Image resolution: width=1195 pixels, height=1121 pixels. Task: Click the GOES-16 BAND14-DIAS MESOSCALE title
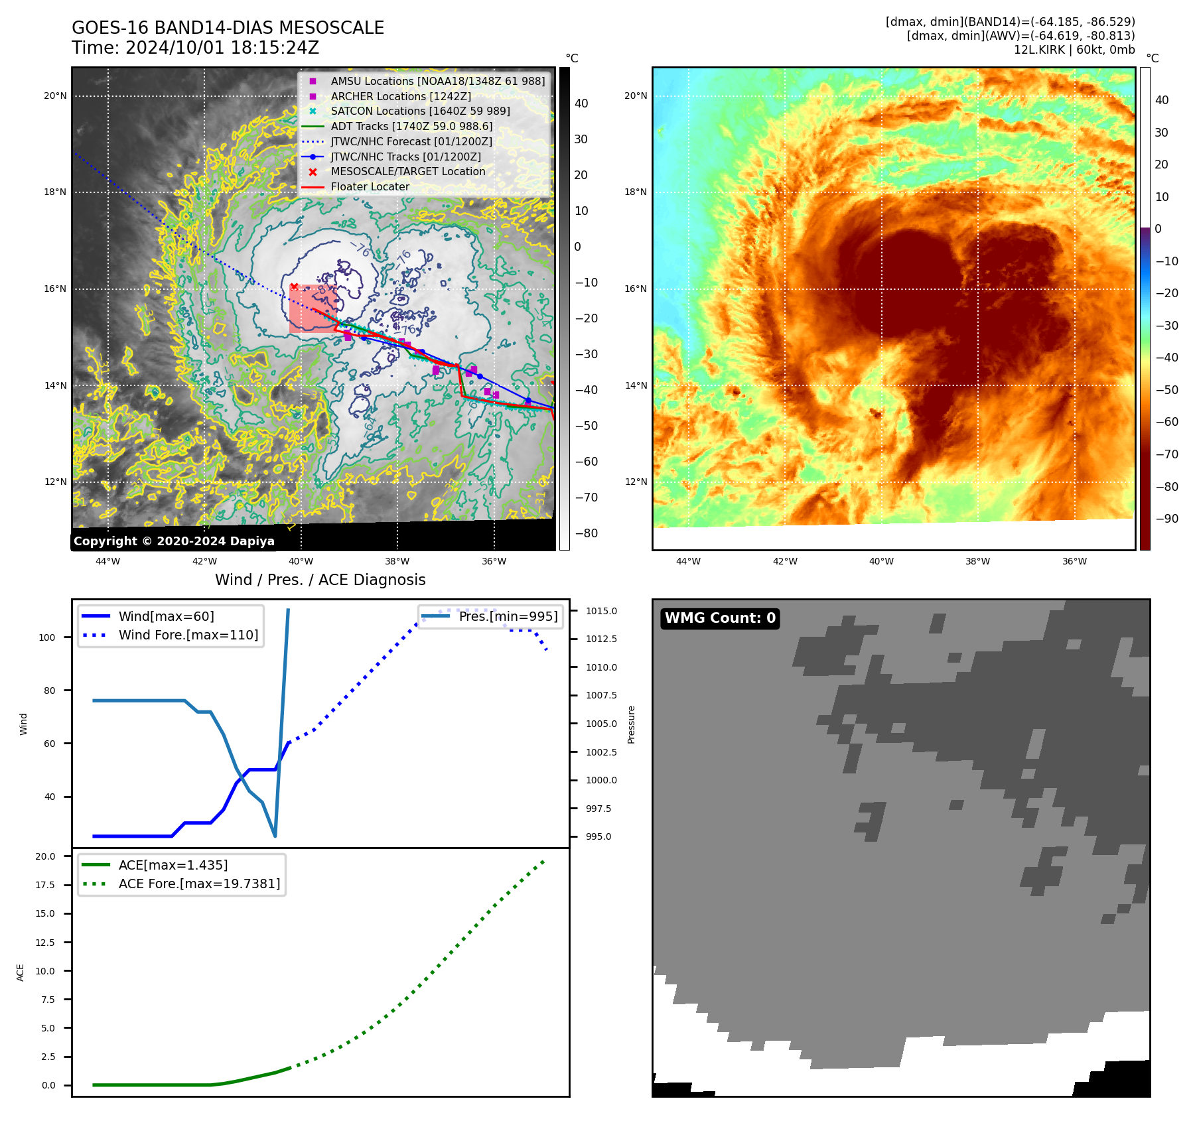228,28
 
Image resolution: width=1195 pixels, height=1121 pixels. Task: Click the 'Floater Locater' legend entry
370,187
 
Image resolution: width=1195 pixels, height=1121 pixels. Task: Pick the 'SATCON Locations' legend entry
420,111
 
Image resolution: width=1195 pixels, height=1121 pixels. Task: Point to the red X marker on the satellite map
294,287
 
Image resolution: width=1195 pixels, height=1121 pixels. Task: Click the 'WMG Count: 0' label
720,618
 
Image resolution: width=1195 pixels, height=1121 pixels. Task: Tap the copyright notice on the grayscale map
174,541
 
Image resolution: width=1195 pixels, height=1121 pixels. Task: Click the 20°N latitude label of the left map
55,96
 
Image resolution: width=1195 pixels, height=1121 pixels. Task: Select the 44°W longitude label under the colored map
688,561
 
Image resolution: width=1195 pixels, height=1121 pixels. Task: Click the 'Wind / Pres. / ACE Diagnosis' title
320,580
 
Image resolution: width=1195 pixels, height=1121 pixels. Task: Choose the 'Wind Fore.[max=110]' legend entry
188,635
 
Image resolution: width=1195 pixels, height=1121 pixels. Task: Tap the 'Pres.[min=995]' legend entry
508,616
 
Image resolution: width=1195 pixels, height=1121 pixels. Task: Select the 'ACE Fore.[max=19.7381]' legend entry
199,884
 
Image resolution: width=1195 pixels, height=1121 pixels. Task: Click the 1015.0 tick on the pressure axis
600,611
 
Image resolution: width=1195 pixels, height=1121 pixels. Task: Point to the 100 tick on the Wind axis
47,637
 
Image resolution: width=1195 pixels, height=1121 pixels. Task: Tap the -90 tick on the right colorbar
1166,519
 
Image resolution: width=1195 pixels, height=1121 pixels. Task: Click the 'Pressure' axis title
631,724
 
